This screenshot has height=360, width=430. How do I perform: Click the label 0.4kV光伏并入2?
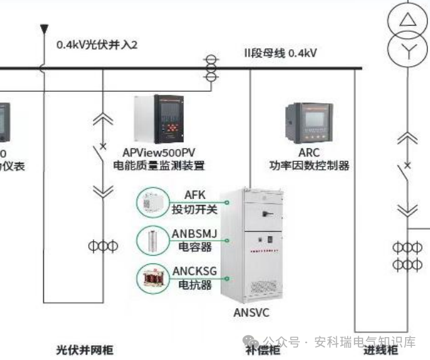[x=96, y=44]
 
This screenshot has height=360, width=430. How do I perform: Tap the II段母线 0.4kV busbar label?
[x=280, y=53]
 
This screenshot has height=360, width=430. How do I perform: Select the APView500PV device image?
[x=160, y=119]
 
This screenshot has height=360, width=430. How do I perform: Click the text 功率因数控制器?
[x=309, y=165]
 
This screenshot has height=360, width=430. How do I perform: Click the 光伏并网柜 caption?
[x=84, y=350]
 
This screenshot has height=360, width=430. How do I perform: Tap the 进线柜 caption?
[x=381, y=350]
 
